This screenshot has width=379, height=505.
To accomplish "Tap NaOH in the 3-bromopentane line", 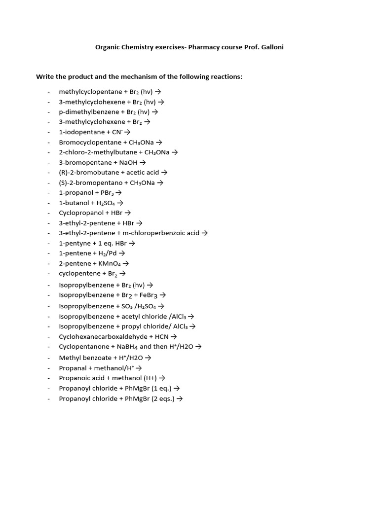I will tap(128, 162).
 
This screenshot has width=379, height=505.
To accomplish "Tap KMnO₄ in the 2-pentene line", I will tap(110, 263).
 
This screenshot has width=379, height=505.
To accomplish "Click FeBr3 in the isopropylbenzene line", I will tap(149, 295).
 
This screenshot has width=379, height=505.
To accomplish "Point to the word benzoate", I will tap(98, 358).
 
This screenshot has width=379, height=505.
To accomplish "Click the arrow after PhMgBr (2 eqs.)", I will tap(180, 399).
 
